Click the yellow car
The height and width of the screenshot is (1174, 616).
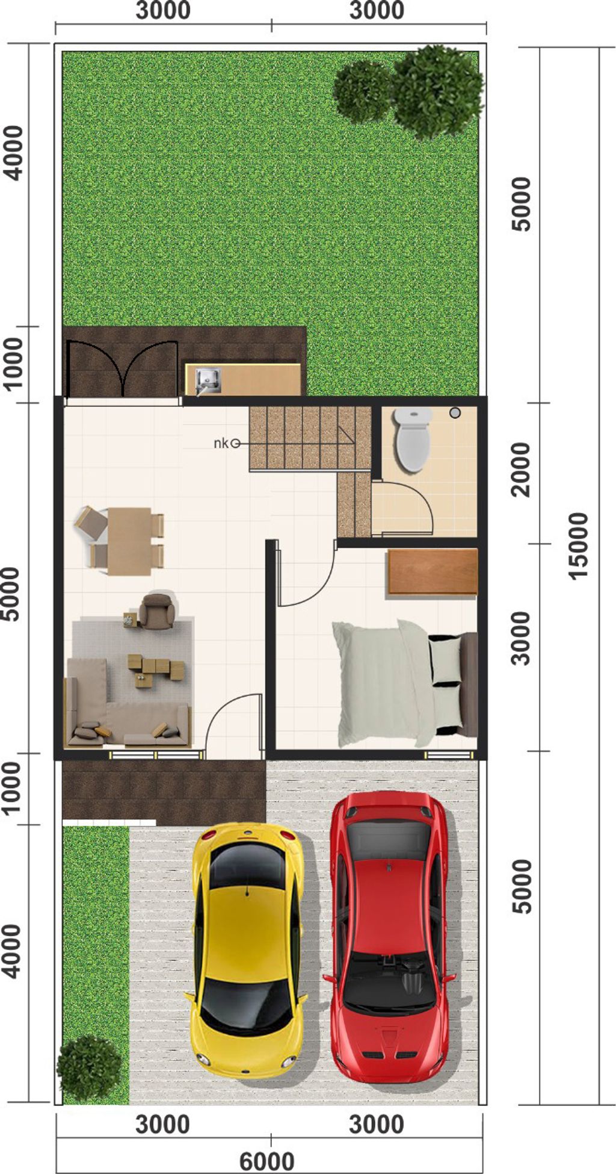tap(247, 927)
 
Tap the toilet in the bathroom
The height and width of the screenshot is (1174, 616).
tap(413, 439)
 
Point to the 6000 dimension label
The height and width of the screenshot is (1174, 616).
tap(267, 1161)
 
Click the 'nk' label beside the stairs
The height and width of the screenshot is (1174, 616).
tap(221, 444)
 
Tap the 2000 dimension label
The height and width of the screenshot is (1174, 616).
tap(521, 470)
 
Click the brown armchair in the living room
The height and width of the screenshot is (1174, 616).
tap(157, 610)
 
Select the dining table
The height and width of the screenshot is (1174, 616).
tap(129, 541)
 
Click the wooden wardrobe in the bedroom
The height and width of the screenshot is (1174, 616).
tap(433, 572)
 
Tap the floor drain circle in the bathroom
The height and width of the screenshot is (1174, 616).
tap(455, 413)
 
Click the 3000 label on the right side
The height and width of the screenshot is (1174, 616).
tap(521, 638)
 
